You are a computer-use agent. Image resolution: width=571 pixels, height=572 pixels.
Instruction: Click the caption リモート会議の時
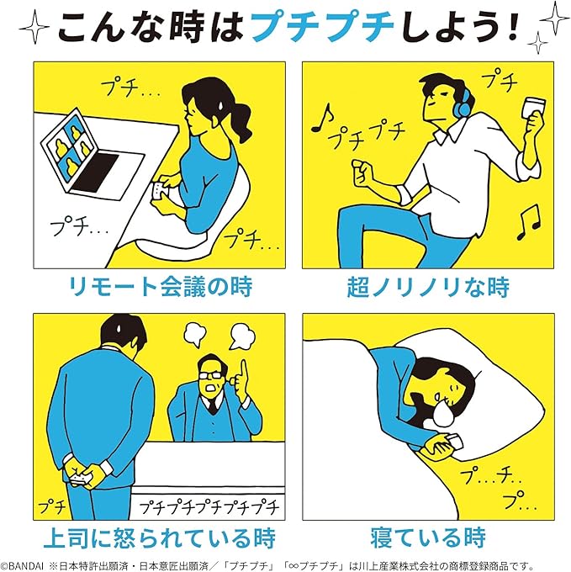pyautogui.click(x=161, y=287)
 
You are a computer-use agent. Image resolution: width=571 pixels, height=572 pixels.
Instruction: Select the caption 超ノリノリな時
pyautogui.click(x=428, y=287)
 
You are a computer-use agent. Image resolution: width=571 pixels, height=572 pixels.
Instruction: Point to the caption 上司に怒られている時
pyautogui.click(x=159, y=538)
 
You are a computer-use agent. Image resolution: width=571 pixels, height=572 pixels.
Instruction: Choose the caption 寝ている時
pyautogui.click(x=428, y=538)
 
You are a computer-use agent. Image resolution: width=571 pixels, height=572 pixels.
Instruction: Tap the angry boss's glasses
pyautogui.click(x=210, y=375)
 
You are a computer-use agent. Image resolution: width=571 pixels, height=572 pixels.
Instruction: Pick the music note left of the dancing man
pyautogui.click(x=323, y=118)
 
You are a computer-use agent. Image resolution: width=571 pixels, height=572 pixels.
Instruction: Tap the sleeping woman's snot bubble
pyautogui.click(x=445, y=413)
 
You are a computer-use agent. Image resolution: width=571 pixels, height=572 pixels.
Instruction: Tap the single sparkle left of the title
pyautogui.click(x=34, y=27)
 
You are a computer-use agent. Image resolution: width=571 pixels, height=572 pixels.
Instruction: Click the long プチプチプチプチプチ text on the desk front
pyautogui.click(x=209, y=507)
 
